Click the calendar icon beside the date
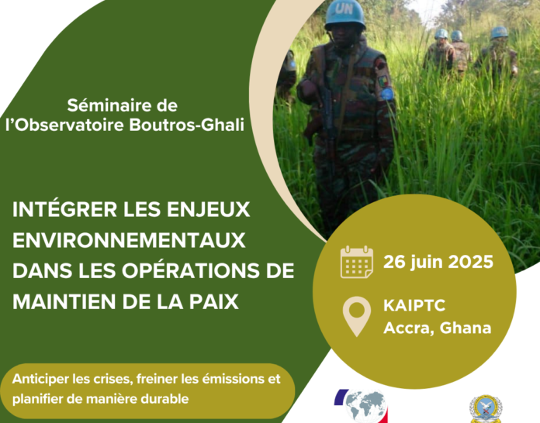pos(357,262)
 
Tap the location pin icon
pos(357,316)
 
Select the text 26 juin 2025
pos(438,263)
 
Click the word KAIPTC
pos(414,305)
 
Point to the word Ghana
pos(466,328)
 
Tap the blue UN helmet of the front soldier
pos(344,15)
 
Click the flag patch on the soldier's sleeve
pos(383,81)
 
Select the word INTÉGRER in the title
pos(64,208)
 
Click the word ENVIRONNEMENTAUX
pos(129,240)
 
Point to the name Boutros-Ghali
pos(187,125)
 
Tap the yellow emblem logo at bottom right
pos(486,408)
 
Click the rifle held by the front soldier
pos(327,117)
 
